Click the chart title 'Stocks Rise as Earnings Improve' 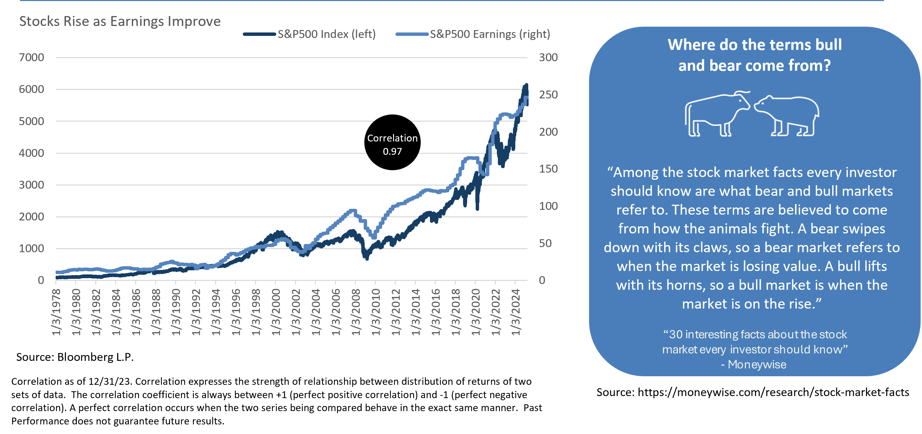click(x=120, y=22)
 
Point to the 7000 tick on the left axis click(x=31, y=57)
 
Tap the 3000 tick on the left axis click(x=31, y=185)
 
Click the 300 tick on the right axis click(x=548, y=57)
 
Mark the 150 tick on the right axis click(x=548, y=169)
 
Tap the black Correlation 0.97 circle click(x=392, y=143)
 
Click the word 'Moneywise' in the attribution click(x=757, y=365)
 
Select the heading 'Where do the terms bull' click(x=754, y=45)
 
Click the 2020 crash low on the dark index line click(x=477, y=208)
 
